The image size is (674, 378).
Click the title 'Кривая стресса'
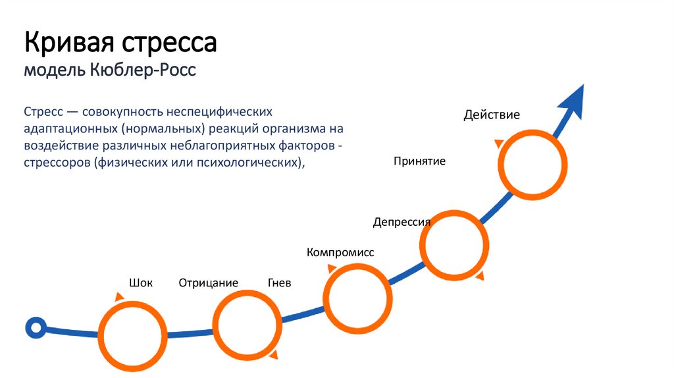point(120,43)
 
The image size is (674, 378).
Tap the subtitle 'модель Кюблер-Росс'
point(110,69)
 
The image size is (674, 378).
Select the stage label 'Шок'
point(141,283)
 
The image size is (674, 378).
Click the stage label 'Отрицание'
point(208,283)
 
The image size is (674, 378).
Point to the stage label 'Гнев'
point(279,283)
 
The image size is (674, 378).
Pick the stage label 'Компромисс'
point(340,252)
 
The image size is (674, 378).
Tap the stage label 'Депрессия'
point(402,222)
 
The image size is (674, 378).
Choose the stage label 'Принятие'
point(419,161)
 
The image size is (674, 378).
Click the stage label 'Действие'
point(491,115)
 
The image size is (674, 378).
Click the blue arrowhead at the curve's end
point(572,101)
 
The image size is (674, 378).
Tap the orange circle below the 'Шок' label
point(132,333)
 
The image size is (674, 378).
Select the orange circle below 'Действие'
point(532,165)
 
